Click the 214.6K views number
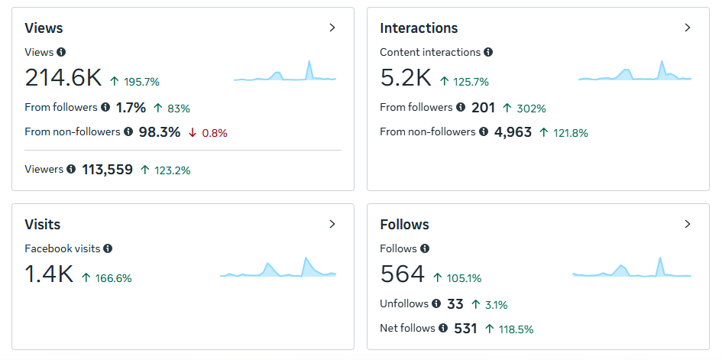coord(63,77)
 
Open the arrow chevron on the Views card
coord(332,28)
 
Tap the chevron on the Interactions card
coord(688,28)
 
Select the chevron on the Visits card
coord(332,224)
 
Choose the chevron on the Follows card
coord(688,224)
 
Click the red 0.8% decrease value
coord(215,134)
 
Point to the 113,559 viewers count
coord(107,170)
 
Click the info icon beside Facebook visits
coord(108,248)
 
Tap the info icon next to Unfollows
coord(436,304)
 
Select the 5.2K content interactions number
coord(406,77)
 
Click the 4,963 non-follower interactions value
coord(513,132)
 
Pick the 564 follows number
coord(403,274)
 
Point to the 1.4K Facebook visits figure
coord(49,274)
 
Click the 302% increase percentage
coord(531,109)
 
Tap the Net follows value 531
coord(465,329)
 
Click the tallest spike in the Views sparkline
coord(309,61)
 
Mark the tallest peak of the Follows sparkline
coord(660,258)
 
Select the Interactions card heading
coord(419,28)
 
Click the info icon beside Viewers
coord(71,169)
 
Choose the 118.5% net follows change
coord(516,329)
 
